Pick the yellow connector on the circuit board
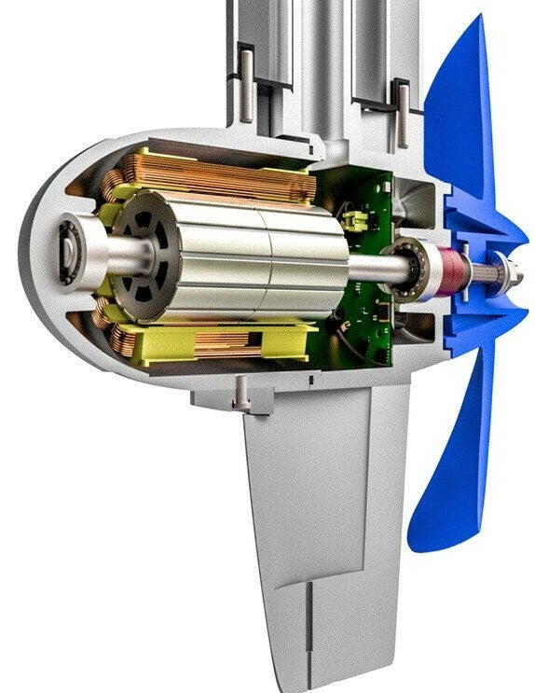point(354,220)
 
